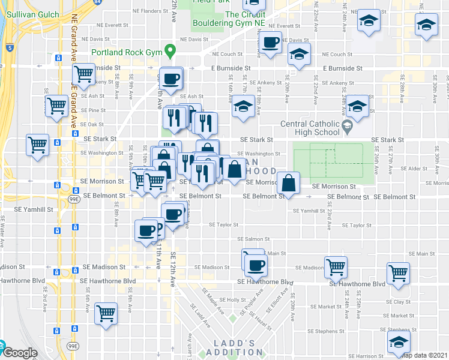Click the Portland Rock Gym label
click(127, 53)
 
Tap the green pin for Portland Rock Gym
click(170, 52)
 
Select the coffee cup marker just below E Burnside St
click(171, 79)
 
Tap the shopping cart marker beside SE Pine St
click(56, 106)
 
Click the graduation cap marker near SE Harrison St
click(397, 343)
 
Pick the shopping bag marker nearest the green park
click(289, 184)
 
